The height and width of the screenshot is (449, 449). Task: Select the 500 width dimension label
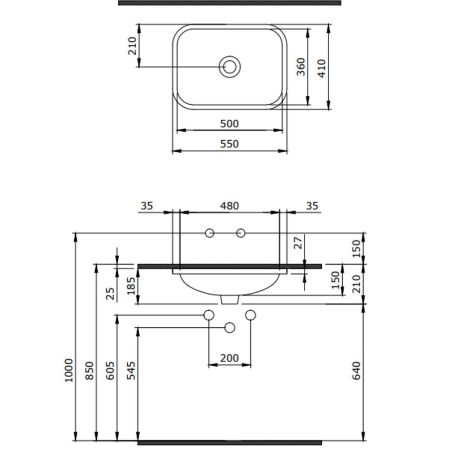tap(229, 124)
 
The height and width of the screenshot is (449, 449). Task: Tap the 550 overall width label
tap(229, 144)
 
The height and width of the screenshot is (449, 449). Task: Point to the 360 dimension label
tap(301, 67)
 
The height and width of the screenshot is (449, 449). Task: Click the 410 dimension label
tap(322, 69)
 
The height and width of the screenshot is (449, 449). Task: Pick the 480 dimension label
tap(229, 206)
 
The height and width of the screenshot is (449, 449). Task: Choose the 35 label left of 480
tap(147, 206)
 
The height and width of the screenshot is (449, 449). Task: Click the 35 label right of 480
tap(312, 206)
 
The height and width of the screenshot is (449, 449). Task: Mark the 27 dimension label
tap(298, 243)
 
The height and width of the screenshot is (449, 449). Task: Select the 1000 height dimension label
tap(69, 370)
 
